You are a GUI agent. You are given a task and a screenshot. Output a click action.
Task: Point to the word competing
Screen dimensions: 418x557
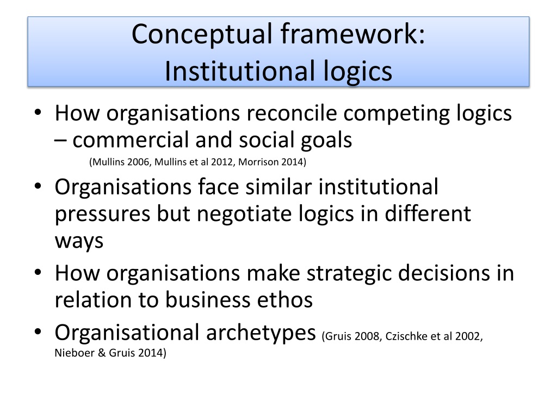(399, 114)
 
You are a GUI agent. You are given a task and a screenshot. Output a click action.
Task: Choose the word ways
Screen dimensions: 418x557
(79, 240)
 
